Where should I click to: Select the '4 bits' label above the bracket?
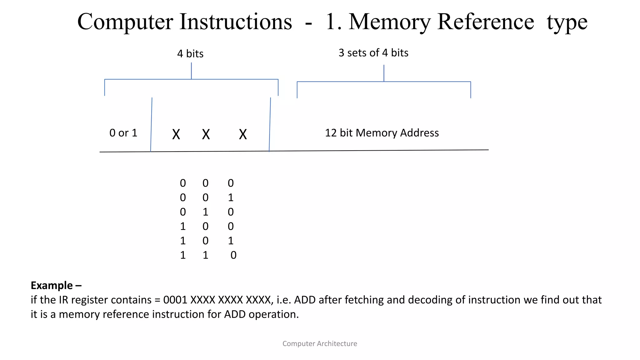pos(190,54)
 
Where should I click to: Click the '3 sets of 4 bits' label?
pos(373,53)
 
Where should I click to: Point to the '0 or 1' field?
pos(123,133)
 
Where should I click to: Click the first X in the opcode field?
pos(176,134)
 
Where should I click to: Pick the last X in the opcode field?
pos(243,134)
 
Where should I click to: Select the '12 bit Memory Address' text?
pos(382,133)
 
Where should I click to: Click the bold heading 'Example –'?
pos(56,285)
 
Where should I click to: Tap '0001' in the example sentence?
pos(175,300)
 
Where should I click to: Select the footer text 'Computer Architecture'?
pos(320,343)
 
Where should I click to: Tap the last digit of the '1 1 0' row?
pos(233,255)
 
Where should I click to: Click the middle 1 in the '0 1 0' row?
pos(205,212)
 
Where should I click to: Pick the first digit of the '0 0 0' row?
pos(183,183)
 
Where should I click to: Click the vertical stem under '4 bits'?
pos(191,71)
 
